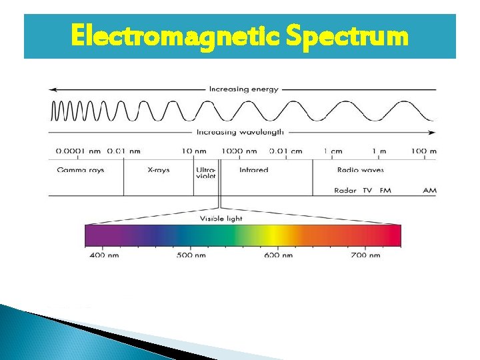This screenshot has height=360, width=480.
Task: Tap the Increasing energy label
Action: [x=244, y=89]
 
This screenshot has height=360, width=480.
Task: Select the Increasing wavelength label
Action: [x=241, y=132]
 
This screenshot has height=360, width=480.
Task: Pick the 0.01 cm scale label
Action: [x=285, y=151]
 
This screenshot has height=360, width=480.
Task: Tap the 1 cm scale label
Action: [x=333, y=151]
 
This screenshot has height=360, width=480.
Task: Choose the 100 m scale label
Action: [x=423, y=151]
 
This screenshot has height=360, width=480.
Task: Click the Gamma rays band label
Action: [x=81, y=170]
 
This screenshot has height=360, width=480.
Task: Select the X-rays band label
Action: [x=159, y=170]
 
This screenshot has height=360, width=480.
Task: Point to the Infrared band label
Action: [x=253, y=170]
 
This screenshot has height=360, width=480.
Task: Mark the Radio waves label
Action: [x=361, y=170]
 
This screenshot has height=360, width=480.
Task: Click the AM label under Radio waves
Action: [x=429, y=191]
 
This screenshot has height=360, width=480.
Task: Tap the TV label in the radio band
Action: [x=367, y=191]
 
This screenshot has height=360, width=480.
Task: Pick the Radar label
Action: [x=345, y=191]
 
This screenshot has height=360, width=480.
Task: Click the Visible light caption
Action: [x=221, y=219]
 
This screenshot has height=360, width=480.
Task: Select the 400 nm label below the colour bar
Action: [x=104, y=255]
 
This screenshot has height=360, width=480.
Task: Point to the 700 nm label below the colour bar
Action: [x=365, y=255]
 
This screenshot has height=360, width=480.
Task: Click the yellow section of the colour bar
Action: [x=272, y=236]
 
